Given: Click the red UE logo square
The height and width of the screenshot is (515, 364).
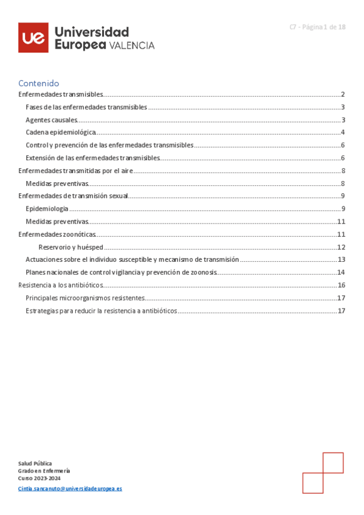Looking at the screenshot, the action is tap(33, 38).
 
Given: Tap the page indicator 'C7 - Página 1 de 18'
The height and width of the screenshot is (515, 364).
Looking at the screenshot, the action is tap(317, 27).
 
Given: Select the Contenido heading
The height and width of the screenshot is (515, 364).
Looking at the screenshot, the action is tap(38, 83).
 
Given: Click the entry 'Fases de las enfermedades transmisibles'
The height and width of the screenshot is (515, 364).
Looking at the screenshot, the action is tap(86, 107).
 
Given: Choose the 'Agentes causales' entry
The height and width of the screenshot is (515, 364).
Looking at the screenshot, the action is tap(52, 120).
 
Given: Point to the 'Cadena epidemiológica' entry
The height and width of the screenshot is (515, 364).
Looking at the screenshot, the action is tap(61, 132).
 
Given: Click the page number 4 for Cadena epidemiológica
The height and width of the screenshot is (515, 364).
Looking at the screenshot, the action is tap(343, 132).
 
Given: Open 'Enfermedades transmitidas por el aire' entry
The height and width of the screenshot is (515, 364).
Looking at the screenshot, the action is tap(75, 171).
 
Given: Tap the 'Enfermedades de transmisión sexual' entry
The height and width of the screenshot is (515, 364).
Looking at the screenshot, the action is tap(73, 196).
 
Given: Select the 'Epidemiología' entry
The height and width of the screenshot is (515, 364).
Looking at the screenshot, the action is tap(47, 209).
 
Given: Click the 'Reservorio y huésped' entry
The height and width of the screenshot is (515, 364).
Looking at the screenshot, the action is tap(70, 247).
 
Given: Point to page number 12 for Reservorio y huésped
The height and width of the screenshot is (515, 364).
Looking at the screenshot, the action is tap(341, 247).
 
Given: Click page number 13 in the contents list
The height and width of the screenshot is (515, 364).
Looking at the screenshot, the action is tap(341, 259).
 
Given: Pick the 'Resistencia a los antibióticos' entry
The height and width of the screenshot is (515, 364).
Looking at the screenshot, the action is tap(61, 285).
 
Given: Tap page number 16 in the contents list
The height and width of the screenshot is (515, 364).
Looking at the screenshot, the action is tap(341, 285).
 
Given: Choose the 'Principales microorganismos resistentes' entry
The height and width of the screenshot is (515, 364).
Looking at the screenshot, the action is tap(85, 298).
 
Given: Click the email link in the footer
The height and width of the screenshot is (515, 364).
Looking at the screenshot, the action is tap(70, 488).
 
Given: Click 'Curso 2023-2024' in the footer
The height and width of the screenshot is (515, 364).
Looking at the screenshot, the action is tap(39, 478).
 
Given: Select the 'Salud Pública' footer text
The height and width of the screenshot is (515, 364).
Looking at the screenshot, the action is tap(35, 463).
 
